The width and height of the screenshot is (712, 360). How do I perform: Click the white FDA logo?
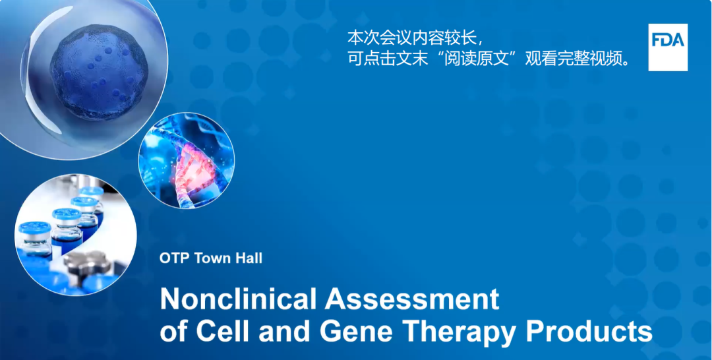point(667,47)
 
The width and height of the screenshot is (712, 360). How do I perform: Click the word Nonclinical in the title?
point(239,299)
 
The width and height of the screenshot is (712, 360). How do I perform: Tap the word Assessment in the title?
point(412,299)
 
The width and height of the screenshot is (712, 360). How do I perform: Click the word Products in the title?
point(589,332)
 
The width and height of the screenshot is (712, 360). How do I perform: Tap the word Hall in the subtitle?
point(249,258)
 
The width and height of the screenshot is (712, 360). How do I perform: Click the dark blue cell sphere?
point(99,72)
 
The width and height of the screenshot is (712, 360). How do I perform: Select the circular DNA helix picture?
point(186,160)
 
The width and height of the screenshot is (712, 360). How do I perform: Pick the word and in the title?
point(285,332)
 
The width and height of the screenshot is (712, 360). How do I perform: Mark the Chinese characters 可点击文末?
point(388,59)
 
